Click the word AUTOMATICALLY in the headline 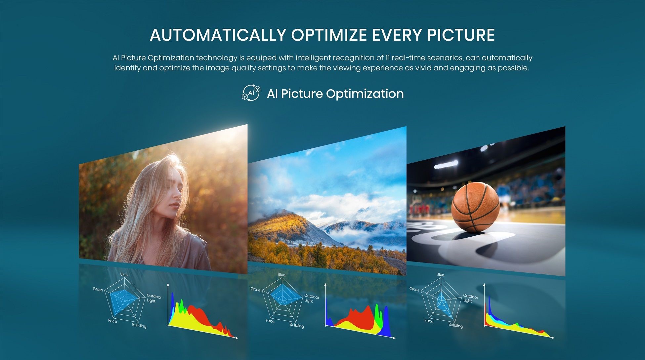(x=218, y=35)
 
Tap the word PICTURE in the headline (x=461, y=35)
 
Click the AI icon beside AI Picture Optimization (x=251, y=93)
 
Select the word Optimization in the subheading (x=365, y=94)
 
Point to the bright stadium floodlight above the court (x=446, y=164)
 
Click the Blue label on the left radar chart (x=124, y=275)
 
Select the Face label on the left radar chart (x=112, y=321)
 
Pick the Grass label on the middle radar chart (x=255, y=289)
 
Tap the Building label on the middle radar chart (x=297, y=326)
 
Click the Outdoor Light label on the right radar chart (x=470, y=299)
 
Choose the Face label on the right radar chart (x=429, y=321)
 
